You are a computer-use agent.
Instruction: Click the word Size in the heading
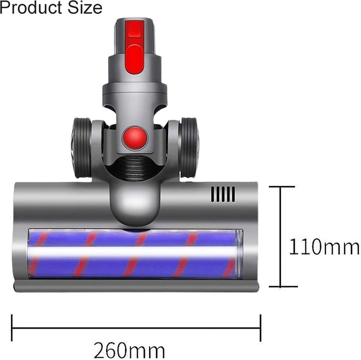pos(86,8)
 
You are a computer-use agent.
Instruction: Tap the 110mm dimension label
pos(323,248)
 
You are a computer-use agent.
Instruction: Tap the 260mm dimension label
pos(135,351)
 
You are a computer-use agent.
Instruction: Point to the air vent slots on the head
pos(223,194)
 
